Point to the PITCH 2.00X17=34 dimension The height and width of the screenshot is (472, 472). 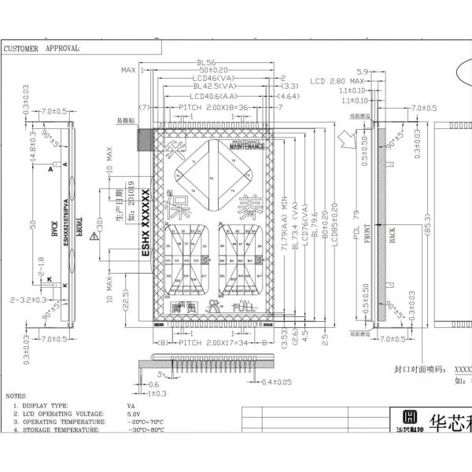pyautogui.click(x=212, y=343)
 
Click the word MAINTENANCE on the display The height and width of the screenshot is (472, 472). pyautogui.click(x=249, y=146)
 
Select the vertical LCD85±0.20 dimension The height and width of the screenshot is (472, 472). pyautogui.click(x=334, y=228)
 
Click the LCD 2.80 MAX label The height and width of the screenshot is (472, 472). pyautogui.click(x=336, y=81)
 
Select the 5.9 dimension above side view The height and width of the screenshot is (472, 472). pyautogui.click(x=363, y=71)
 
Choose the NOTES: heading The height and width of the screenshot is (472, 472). pyautogui.click(x=16, y=396)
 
